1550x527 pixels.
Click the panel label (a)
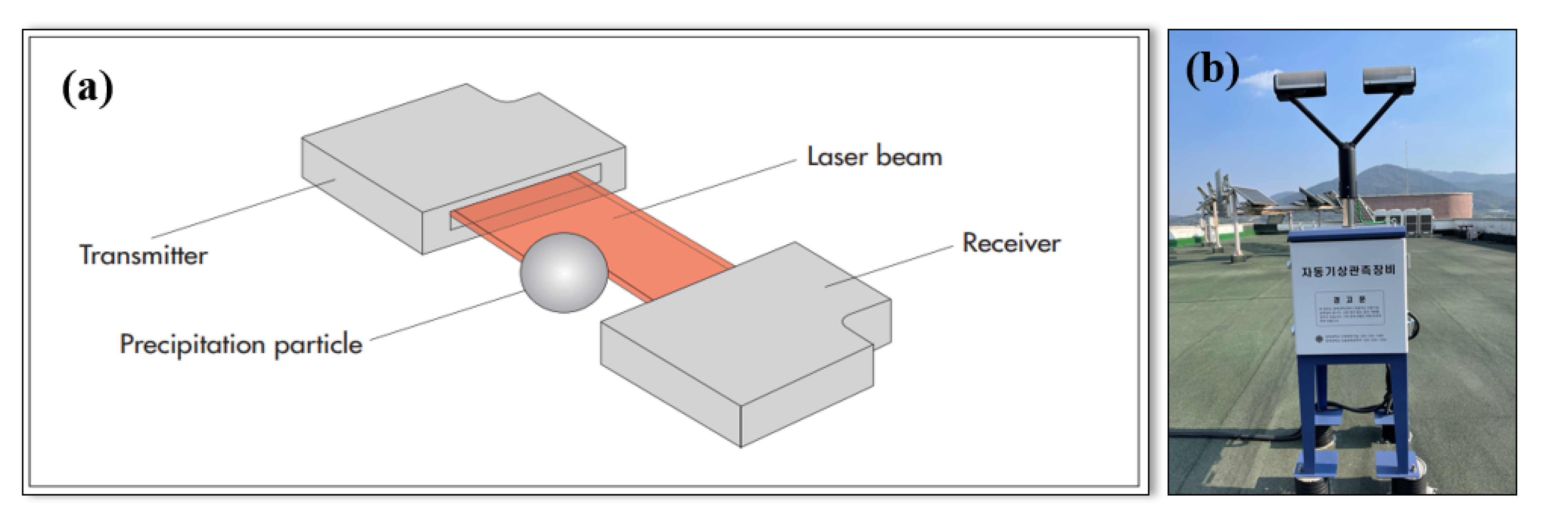coord(87,88)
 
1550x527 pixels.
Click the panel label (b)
coord(1212,70)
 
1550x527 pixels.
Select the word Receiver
coord(1011,243)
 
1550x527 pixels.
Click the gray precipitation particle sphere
coord(564,272)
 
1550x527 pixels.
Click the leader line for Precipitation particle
coord(445,316)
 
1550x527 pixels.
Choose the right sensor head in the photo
coord(1389,79)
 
